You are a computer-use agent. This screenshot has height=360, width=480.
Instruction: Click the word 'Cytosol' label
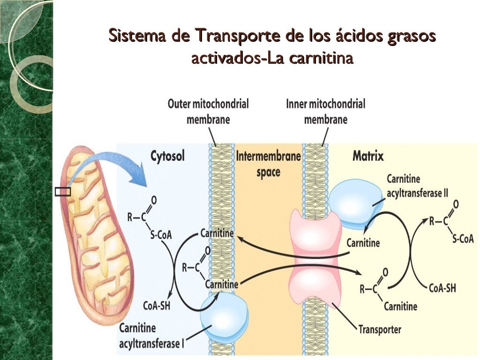click(x=167, y=156)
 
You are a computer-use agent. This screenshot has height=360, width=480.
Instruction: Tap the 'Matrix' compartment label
click(x=368, y=156)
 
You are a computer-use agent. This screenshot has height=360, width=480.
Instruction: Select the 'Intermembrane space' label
click(x=268, y=164)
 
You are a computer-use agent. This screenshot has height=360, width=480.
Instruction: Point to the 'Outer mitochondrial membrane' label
click(x=208, y=111)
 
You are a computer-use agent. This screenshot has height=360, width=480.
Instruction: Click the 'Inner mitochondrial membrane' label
click(x=325, y=111)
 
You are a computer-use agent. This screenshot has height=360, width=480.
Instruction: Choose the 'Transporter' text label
click(x=380, y=330)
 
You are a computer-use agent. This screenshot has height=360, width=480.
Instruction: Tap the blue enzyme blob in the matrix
click(x=353, y=204)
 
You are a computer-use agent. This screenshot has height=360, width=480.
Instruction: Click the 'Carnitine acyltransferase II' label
click(x=417, y=186)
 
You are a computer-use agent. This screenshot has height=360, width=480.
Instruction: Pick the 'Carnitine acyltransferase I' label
click(x=151, y=336)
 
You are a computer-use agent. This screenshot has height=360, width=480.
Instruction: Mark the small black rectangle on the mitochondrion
click(x=63, y=191)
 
